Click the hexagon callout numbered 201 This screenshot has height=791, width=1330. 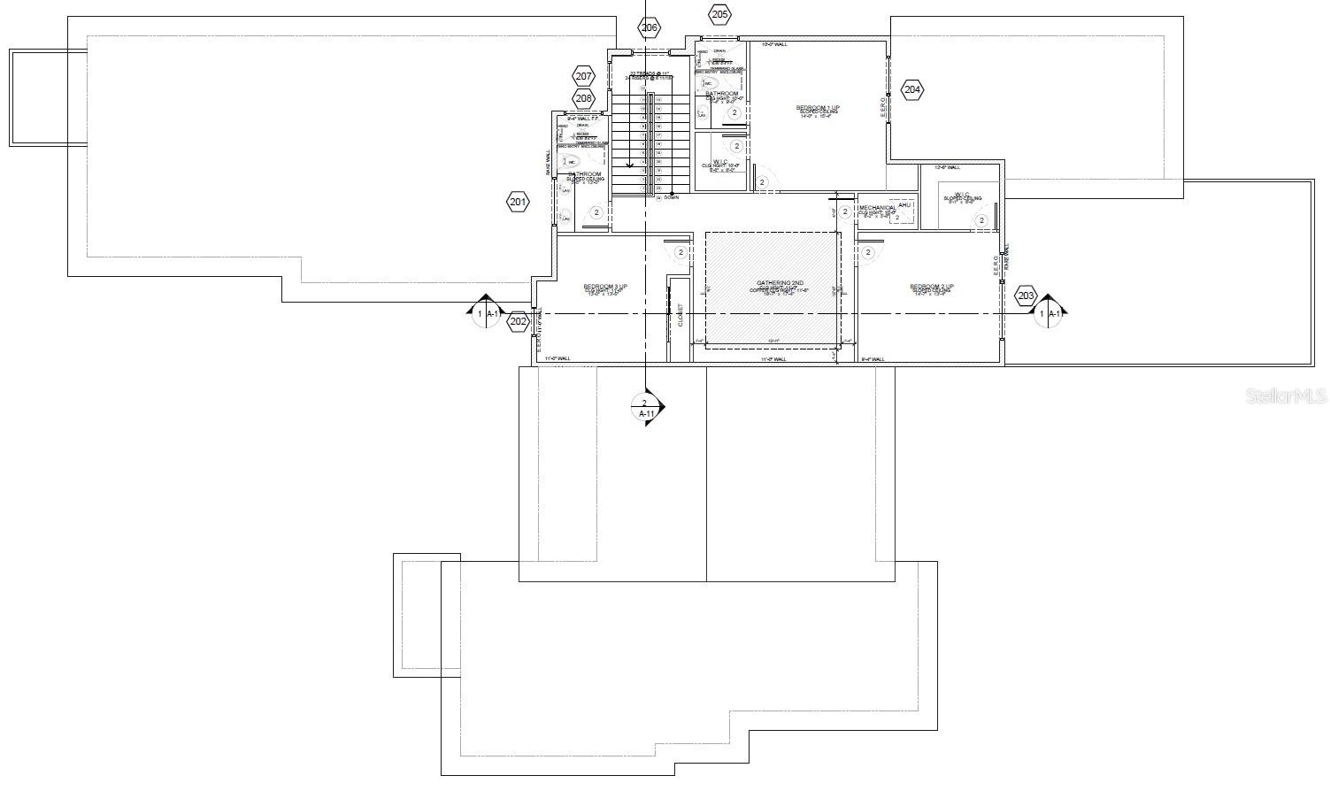(x=518, y=203)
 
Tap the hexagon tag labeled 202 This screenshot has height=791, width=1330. (x=519, y=321)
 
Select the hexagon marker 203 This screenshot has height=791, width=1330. (x=1026, y=296)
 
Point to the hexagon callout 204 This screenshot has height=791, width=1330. (x=912, y=89)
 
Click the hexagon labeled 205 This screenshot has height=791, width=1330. (x=719, y=14)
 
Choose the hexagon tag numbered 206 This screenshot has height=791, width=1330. (x=649, y=28)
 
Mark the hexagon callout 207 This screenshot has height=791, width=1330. (x=584, y=76)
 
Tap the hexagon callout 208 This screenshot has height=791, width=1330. (x=584, y=98)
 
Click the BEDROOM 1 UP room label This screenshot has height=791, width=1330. (x=817, y=108)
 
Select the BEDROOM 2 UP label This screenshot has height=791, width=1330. (x=931, y=287)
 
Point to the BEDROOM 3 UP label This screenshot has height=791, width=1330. (x=605, y=287)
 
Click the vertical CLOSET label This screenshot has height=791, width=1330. (x=680, y=316)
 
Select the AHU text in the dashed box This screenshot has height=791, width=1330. (x=904, y=205)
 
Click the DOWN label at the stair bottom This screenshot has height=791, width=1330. (x=671, y=198)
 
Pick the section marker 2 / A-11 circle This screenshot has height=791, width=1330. (x=645, y=408)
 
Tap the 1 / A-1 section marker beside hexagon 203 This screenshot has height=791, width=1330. (x=1049, y=313)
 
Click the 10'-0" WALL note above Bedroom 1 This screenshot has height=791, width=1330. (x=774, y=43)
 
